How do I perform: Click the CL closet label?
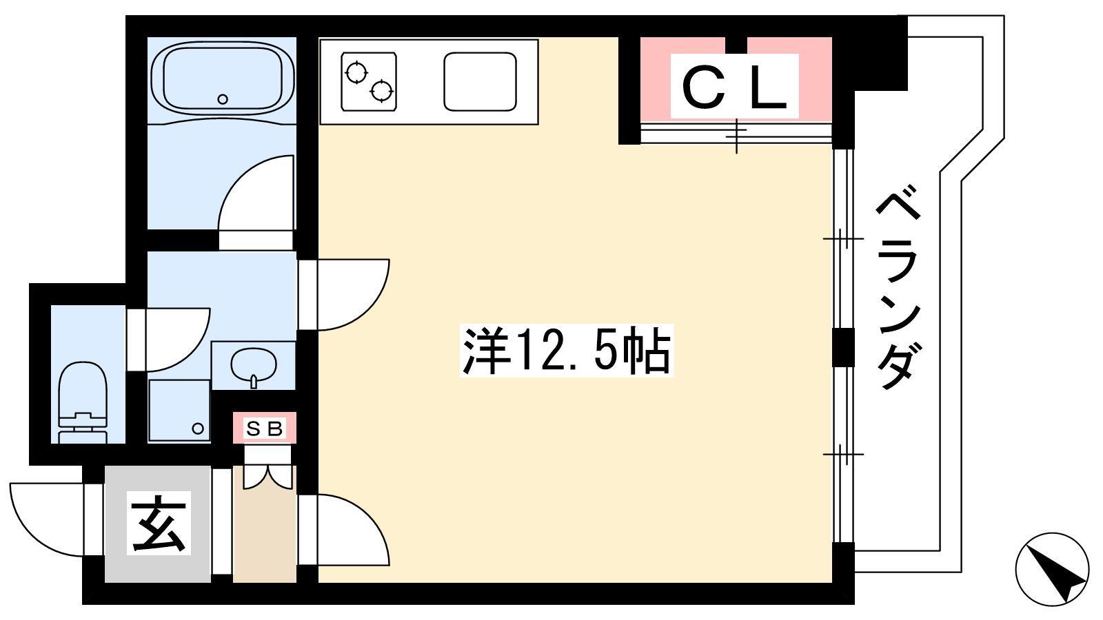click(x=734, y=87)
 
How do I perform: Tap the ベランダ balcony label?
click(x=898, y=287)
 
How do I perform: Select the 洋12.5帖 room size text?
click(x=566, y=351)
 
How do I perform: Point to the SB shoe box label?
click(x=265, y=428)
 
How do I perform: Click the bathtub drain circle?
click(x=223, y=99)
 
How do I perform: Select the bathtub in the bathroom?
click(x=223, y=80)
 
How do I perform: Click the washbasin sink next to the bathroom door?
click(x=254, y=366)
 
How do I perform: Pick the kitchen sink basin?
click(x=480, y=82)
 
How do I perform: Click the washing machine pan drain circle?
click(x=198, y=428)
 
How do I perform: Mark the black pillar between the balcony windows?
click(x=843, y=347)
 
